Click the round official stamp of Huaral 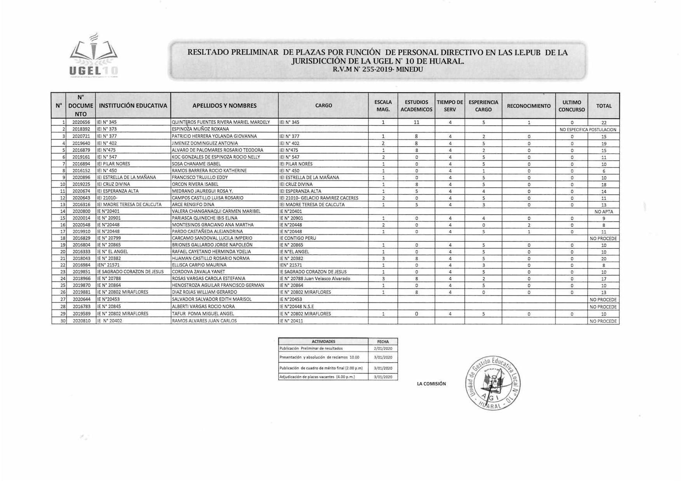[493, 382]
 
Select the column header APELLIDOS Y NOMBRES [224, 106]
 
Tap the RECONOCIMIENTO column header [528, 106]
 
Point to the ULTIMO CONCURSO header [571, 106]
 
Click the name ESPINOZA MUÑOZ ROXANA [200, 129]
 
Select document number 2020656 [81, 122]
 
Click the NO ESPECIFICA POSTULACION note [588, 130]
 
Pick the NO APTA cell [604, 212]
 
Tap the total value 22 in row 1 [604, 123]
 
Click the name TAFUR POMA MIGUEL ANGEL [203, 314]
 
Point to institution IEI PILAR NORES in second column [113, 164]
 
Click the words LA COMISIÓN [431, 384]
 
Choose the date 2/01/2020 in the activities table [383, 348]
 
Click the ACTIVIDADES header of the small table [323, 342]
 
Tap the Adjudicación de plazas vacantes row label [317, 377]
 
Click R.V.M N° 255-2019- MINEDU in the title [377, 70]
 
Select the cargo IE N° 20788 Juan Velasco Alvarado [315, 279]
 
